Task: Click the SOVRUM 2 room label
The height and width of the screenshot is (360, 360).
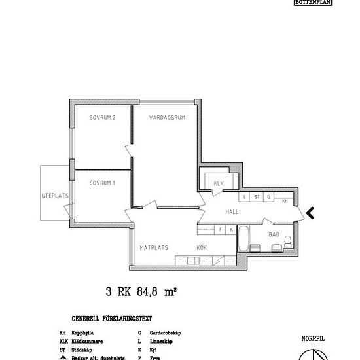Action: pyautogui.click(x=102, y=118)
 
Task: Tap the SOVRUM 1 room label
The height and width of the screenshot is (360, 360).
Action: pyautogui.click(x=102, y=183)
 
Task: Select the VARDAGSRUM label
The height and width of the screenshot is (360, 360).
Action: pyautogui.click(x=164, y=118)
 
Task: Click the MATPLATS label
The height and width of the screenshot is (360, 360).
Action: pyautogui.click(x=154, y=247)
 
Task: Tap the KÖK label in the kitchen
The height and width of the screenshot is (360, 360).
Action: pyautogui.click(x=202, y=247)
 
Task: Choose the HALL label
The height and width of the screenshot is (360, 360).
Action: pyautogui.click(x=232, y=212)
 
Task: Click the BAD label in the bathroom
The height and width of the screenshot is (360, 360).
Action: pyautogui.click(x=274, y=234)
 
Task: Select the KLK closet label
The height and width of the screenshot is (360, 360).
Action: pyautogui.click(x=219, y=184)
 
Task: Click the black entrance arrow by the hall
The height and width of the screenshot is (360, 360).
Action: pyautogui.click(x=311, y=212)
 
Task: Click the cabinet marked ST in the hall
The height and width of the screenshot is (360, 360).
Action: pyautogui.click(x=257, y=196)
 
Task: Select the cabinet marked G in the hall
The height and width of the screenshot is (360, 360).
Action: pyautogui.click(x=269, y=196)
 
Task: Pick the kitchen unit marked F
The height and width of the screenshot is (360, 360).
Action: pyautogui.click(x=221, y=230)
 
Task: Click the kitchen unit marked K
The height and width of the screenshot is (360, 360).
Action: pyautogui.click(x=231, y=230)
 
